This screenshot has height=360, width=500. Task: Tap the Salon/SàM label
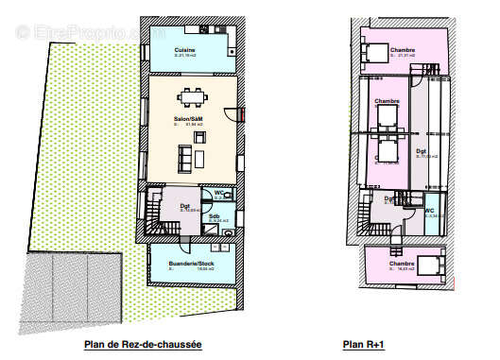(191, 119)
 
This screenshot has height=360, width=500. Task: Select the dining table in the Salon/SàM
(192, 95)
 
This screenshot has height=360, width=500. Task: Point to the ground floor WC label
(219, 193)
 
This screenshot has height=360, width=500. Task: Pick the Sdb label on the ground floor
(214, 215)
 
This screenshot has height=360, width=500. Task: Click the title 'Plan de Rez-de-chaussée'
(143, 345)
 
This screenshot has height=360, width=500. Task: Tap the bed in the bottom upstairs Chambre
(434, 264)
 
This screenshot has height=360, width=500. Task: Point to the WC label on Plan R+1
(429, 211)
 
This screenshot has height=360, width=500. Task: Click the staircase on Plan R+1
(371, 217)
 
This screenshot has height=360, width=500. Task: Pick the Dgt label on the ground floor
(185, 204)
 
